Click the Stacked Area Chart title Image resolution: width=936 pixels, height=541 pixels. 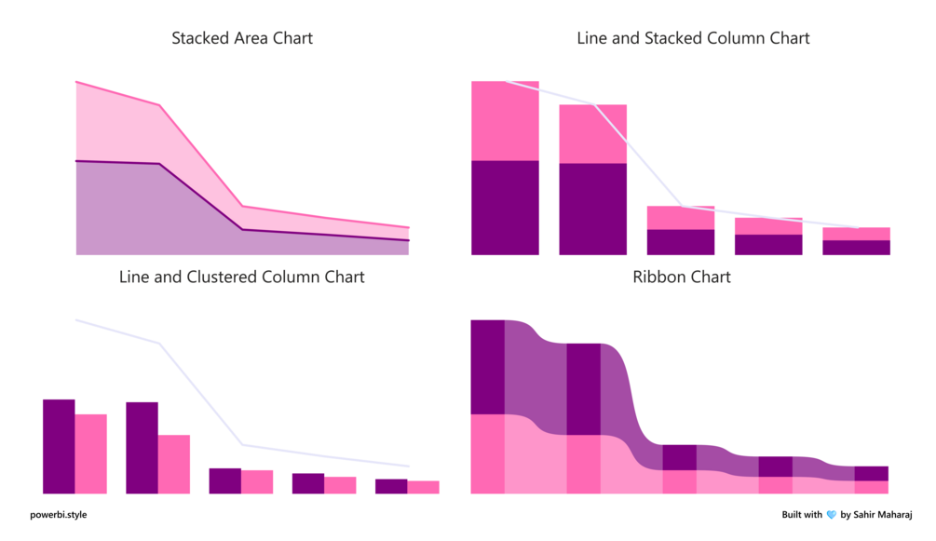pyautogui.click(x=242, y=38)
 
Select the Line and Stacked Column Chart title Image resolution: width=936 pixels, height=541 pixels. pyautogui.click(x=693, y=38)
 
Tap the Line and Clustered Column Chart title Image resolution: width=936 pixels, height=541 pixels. pyautogui.click(x=242, y=277)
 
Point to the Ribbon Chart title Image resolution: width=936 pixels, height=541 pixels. pyautogui.click(x=682, y=277)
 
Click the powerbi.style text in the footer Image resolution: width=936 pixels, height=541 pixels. pyautogui.click(x=58, y=514)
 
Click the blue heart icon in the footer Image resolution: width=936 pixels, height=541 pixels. pyautogui.click(x=831, y=515)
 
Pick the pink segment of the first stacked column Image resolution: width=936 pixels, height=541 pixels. pyautogui.click(x=505, y=121)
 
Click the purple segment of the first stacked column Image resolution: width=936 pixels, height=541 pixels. pyautogui.click(x=505, y=208)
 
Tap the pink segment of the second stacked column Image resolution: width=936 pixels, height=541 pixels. pyautogui.click(x=592, y=133)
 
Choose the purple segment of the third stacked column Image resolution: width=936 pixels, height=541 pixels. pyautogui.click(x=681, y=242)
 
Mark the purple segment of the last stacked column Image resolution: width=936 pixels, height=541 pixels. pyautogui.click(x=856, y=248)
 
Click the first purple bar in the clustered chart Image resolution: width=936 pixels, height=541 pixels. pyautogui.click(x=59, y=446)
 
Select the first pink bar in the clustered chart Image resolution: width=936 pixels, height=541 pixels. pyautogui.click(x=90, y=453)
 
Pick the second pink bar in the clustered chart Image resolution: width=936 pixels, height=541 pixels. pyautogui.click(x=173, y=464)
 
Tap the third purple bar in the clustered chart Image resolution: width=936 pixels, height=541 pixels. pyautogui.click(x=225, y=480)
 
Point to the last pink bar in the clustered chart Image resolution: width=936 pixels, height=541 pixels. pyautogui.click(x=423, y=487)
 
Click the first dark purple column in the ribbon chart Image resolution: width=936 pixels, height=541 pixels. pyautogui.click(x=487, y=367)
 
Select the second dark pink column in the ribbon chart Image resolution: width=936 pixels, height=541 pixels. pyautogui.click(x=583, y=464)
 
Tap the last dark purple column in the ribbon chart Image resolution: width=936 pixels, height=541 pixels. pyautogui.click(x=871, y=473)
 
